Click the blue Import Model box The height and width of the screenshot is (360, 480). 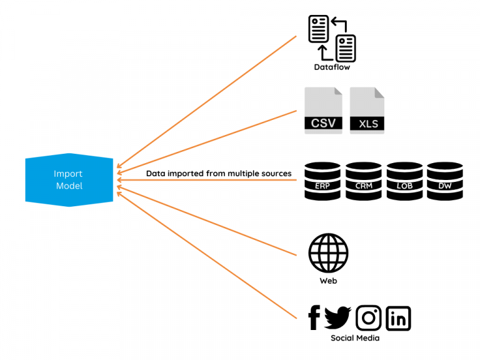(x=69, y=180)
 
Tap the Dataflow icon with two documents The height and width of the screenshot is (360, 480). (x=332, y=38)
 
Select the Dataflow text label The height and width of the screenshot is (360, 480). (x=332, y=67)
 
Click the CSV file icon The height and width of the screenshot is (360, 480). (x=323, y=111)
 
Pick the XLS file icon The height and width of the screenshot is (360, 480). (x=367, y=111)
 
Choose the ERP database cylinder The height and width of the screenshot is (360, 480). (x=322, y=181)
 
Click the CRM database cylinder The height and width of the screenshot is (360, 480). (x=363, y=181)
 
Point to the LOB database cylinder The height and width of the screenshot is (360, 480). (x=404, y=181)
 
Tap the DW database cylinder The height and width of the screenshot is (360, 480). (x=444, y=181)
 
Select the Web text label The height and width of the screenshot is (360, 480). (x=328, y=281)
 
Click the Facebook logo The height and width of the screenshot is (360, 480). (x=314, y=318)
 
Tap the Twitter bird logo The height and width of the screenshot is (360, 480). (x=337, y=318)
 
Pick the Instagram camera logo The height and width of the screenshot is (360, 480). (x=369, y=318)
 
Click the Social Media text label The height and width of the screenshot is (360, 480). (x=355, y=338)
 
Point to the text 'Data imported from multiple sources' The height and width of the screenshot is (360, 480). (x=219, y=173)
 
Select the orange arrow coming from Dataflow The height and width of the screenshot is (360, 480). (x=206, y=100)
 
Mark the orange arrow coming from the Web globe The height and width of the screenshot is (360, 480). (x=206, y=219)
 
